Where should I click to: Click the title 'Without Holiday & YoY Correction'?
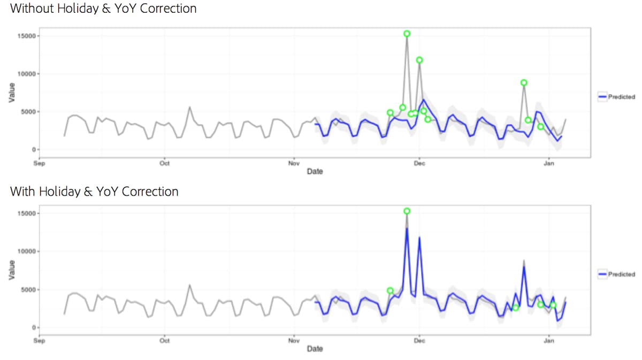[x=103, y=9]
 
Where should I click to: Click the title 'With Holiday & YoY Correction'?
[x=94, y=192]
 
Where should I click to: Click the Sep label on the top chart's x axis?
[x=39, y=164]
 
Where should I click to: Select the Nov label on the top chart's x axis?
[x=293, y=164]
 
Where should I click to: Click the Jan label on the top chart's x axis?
[x=549, y=164]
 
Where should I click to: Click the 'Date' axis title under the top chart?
[x=315, y=172]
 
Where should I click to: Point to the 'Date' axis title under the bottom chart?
[x=315, y=349]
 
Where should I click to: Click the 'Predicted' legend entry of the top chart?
[x=617, y=97]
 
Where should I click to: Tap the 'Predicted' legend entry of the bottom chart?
[x=617, y=274]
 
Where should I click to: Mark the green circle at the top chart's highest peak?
[x=407, y=34]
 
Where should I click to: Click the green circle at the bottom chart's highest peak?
[x=407, y=211]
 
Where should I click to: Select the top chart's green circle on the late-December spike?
[x=524, y=82]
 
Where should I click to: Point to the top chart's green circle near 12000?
[x=419, y=60]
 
